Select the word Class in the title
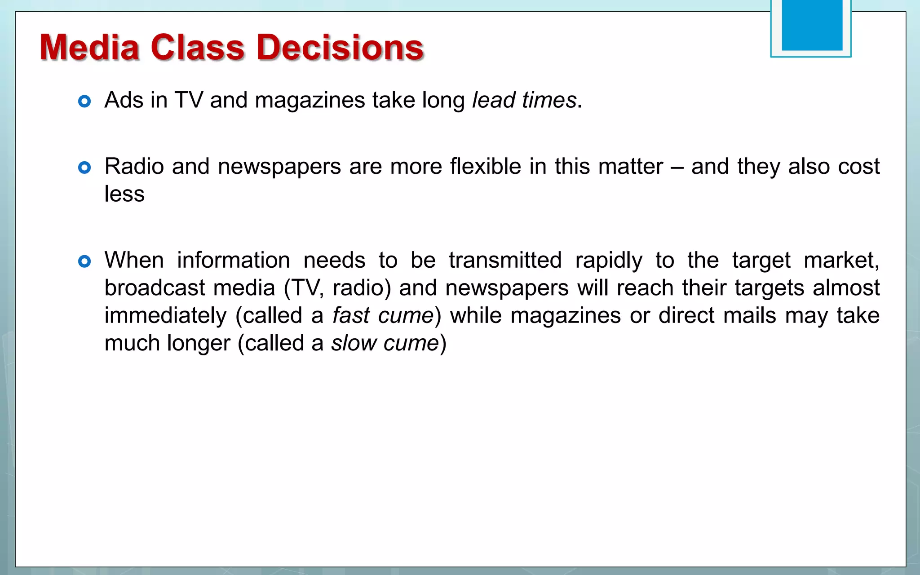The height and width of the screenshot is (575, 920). coord(198,47)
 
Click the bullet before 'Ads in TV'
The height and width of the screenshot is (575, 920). coord(84,101)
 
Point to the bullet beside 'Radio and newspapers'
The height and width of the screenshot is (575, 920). coord(84,168)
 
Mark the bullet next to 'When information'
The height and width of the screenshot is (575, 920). coord(84,261)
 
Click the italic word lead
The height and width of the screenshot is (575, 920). coord(494,100)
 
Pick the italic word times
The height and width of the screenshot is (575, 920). coord(549,100)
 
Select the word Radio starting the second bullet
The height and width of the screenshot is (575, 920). coord(134,167)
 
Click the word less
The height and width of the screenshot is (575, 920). coord(124,194)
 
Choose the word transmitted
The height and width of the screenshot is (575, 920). coord(505,260)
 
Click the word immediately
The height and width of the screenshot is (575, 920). coord(166,316)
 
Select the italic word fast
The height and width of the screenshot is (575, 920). coord(351,316)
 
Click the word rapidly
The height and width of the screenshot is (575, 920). coord(609,261)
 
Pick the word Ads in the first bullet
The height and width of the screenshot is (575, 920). coord(124,100)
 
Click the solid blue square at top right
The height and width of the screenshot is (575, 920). coord(812,25)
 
